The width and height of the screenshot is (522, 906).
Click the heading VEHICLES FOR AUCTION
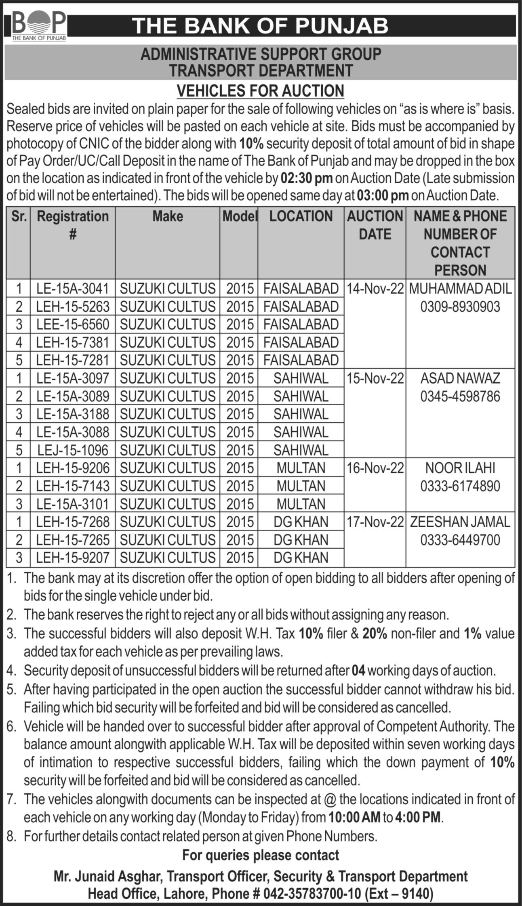(x=261, y=90)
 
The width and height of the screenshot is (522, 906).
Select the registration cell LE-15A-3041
(x=73, y=289)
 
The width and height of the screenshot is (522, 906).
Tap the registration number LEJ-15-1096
(x=73, y=450)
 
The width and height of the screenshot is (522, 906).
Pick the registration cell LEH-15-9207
(x=73, y=558)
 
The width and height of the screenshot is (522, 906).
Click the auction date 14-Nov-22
(x=375, y=289)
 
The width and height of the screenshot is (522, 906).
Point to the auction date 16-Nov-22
(x=375, y=468)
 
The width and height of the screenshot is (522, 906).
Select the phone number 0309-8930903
(x=460, y=307)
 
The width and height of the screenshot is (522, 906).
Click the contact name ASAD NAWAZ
(x=460, y=378)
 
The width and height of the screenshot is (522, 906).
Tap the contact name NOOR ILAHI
(x=460, y=468)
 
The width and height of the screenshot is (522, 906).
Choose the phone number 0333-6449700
(x=460, y=540)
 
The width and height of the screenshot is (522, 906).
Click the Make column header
(x=168, y=216)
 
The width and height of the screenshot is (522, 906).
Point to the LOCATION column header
(x=301, y=216)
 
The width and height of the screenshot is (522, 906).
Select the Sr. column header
(x=19, y=216)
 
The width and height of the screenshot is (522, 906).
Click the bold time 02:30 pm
(x=307, y=178)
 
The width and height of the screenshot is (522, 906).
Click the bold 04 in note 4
(x=358, y=671)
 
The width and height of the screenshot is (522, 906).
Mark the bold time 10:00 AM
(x=354, y=818)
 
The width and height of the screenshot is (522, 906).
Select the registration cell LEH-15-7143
(x=73, y=486)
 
